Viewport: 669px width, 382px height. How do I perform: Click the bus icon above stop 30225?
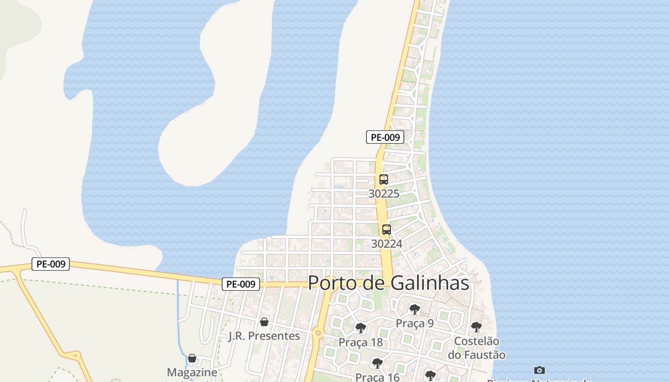click(383, 180)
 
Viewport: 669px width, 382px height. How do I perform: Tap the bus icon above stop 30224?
click(386, 230)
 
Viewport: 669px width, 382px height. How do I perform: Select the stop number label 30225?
click(384, 193)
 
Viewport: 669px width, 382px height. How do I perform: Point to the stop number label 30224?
click(387, 244)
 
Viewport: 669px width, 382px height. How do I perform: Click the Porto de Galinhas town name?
click(388, 283)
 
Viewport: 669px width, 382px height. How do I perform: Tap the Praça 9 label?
click(414, 323)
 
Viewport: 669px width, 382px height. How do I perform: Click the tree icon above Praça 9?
click(414, 309)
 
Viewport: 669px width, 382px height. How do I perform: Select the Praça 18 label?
click(361, 342)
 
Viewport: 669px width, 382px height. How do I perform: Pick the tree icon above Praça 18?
click(360, 328)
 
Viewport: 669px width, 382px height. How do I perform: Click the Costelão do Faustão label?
click(476, 348)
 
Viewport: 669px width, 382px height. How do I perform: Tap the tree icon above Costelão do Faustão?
click(476, 327)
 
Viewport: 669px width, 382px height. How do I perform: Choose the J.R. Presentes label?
click(264, 336)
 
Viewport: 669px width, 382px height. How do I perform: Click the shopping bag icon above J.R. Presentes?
click(264, 322)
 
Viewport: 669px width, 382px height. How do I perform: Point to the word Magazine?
click(192, 372)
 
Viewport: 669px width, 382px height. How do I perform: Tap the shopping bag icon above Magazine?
click(192, 358)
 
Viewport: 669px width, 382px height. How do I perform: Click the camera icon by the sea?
click(540, 370)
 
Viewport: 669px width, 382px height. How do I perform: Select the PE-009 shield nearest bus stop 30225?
click(385, 137)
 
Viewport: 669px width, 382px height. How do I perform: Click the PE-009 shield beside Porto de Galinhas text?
click(241, 284)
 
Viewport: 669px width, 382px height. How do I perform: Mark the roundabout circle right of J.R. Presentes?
click(318, 332)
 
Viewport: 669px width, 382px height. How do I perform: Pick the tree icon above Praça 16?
click(377, 363)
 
